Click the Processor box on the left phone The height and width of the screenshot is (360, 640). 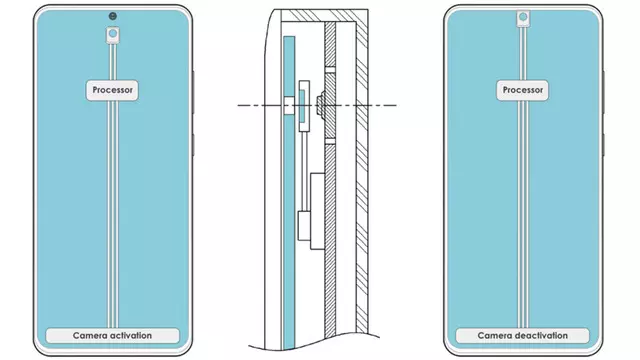pyautogui.click(x=112, y=89)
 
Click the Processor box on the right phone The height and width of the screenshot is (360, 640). pyautogui.click(x=522, y=89)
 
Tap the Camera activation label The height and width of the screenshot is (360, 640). pyautogui.click(x=112, y=336)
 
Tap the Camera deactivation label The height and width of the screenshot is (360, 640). pyautogui.click(x=522, y=336)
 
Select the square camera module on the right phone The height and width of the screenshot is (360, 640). pyautogui.click(x=522, y=19)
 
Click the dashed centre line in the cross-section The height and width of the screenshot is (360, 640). pyautogui.click(x=360, y=105)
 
